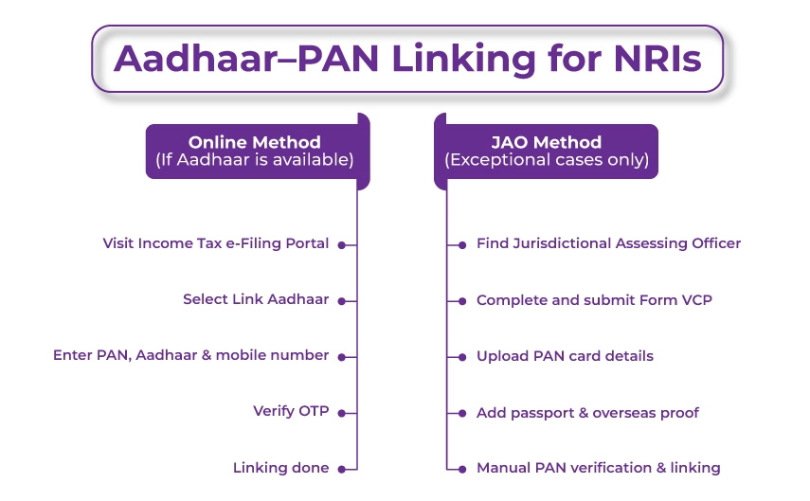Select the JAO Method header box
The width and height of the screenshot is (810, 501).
547,152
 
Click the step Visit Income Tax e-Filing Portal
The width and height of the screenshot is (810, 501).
215,243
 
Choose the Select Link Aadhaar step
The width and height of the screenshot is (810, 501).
256,299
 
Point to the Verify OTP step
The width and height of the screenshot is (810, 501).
291,411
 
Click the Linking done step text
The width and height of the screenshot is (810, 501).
280,468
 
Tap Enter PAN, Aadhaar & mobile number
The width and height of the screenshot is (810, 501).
190,355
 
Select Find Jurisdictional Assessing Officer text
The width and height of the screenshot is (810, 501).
608,243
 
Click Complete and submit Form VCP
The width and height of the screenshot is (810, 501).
594,299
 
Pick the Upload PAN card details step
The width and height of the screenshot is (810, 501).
565,356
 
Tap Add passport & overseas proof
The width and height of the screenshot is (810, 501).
587,412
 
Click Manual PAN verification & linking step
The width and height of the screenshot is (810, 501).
598,468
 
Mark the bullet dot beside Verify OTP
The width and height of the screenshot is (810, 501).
340,412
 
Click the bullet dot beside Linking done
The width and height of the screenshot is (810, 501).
340,468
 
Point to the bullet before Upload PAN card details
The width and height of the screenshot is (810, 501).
462,356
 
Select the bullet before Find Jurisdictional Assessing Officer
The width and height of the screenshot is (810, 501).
462,244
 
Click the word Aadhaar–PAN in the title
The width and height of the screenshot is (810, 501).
244,59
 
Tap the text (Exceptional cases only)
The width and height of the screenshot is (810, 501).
547,161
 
